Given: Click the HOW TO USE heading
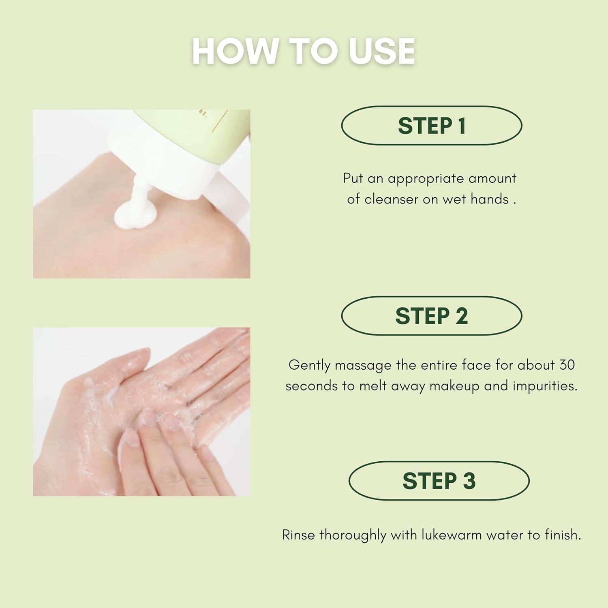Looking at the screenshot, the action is pyautogui.click(x=303, y=51).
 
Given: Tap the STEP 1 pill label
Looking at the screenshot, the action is pyautogui.click(x=432, y=126).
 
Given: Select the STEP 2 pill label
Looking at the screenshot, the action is pyautogui.click(x=432, y=316).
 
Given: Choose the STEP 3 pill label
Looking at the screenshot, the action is pyautogui.click(x=439, y=481).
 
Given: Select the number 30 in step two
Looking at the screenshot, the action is pyautogui.click(x=567, y=365).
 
